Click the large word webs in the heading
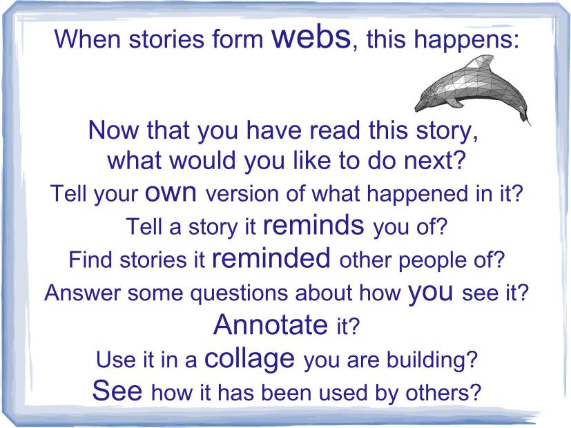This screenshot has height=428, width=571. [311, 37]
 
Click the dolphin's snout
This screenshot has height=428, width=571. [420, 106]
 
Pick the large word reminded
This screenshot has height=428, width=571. [271, 257]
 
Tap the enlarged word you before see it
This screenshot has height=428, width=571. [431, 292]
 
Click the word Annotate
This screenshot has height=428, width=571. [271, 324]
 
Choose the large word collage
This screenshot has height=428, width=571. [250, 358]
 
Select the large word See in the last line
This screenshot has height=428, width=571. [117, 390]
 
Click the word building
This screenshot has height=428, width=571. [432, 360]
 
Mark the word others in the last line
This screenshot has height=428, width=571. [443, 392]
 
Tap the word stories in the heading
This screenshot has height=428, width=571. [166, 39]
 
